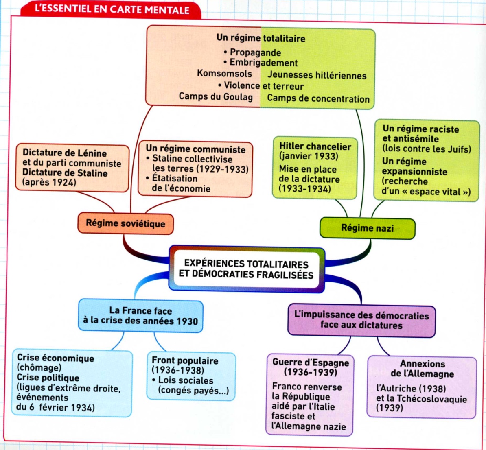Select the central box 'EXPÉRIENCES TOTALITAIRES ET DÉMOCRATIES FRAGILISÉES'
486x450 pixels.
[246, 269]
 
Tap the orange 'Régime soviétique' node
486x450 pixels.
[125, 223]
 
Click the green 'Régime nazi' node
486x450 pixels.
[367, 228]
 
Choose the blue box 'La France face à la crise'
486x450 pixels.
[140, 316]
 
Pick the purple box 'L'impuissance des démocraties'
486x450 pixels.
[361, 320]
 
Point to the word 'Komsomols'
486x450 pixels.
[224, 73]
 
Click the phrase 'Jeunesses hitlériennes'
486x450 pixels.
[317, 75]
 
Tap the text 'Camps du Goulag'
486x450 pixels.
[216, 96]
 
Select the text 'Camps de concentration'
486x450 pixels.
[318, 98]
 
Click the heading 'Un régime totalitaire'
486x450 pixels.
[261, 38]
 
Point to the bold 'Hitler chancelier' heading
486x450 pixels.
[315, 146]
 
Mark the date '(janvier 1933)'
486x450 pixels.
[309, 156]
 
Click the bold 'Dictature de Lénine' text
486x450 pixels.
[64, 153]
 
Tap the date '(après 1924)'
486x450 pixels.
[49, 182]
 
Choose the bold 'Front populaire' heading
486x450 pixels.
[185, 360]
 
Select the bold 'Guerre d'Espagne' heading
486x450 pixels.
[311, 362]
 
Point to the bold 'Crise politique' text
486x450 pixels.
[48, 378]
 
